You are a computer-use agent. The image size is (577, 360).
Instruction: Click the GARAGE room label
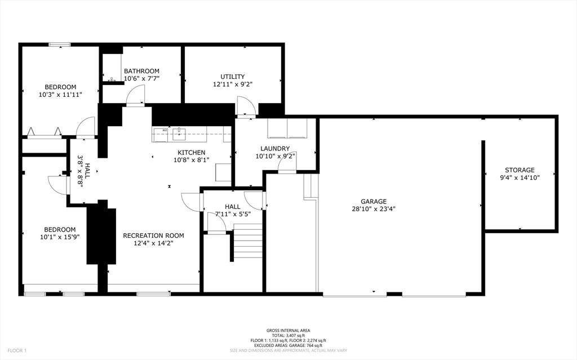(x=374, y=201)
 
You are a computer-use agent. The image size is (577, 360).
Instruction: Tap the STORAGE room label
(x=519, y=170)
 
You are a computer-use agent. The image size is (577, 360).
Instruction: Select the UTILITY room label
(x=232, y=77)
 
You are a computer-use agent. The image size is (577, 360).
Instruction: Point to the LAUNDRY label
(x=275, y=149)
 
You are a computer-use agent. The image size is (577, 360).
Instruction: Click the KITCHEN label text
(x=192, y=152)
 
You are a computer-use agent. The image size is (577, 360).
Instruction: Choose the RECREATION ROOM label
(x=153, y=235)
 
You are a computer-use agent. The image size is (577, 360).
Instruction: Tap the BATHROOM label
(x=141, y=71)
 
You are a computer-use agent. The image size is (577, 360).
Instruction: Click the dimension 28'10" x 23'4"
(x=374, y=208)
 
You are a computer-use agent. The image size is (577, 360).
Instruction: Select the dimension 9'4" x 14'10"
(x=519, y=177)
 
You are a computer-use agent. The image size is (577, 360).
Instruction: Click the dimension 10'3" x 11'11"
(x=60, y=95)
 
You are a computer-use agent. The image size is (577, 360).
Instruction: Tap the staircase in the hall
(x=247, y=241)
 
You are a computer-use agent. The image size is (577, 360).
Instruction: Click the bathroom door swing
(x=135, y=96)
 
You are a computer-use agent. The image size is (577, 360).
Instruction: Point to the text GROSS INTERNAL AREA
(x=288, y=331)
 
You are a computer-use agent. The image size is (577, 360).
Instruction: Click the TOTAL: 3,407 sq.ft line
(x=288, y=336)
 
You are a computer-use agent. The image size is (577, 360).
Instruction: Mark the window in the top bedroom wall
(x=59, y=45)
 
